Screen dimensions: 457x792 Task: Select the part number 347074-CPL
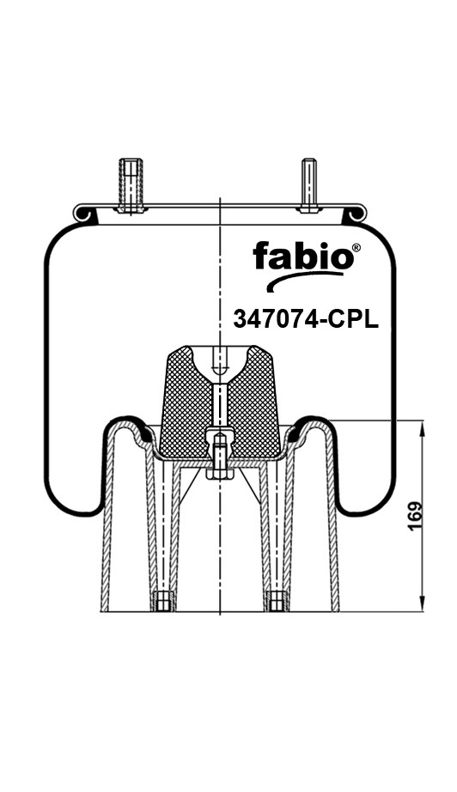point(305,319)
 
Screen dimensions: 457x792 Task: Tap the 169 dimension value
point(415,516)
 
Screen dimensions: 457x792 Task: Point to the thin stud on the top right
point(309,184)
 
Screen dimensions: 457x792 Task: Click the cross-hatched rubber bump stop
point(220,402)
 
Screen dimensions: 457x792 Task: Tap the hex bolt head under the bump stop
point(220,474)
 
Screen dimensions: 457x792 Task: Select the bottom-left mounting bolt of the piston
point(163,601)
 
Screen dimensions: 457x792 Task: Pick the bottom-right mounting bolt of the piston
point(277,601)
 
